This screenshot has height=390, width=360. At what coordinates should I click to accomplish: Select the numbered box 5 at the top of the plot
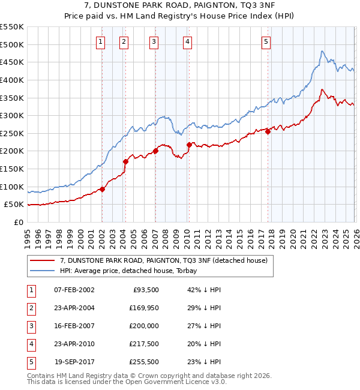tap(266, 41)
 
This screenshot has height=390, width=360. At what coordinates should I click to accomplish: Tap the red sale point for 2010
tap(189, 145)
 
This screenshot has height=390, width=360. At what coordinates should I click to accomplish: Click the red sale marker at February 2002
tap(102, 189)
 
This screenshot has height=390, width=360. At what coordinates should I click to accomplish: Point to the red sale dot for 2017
tap(268, 132)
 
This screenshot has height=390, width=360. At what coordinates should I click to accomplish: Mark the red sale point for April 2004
tap(125, 161)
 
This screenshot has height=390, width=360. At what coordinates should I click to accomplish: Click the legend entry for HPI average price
tap(128, 271)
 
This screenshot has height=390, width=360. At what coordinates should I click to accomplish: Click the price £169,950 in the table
tap(144, 308)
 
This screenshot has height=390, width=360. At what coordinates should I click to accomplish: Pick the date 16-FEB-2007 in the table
tap(74, 326)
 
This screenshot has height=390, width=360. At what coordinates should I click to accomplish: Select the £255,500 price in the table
tap(144, 362)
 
